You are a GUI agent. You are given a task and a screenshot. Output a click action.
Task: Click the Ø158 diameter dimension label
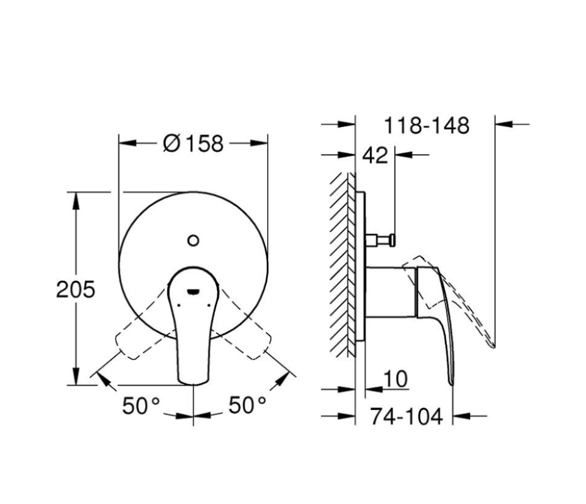194,143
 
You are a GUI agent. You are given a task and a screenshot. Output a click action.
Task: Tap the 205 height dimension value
76,289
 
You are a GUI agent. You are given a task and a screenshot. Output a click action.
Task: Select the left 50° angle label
141,405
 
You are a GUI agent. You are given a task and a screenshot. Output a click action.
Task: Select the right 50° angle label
247,405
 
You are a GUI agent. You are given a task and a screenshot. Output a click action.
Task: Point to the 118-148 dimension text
427,126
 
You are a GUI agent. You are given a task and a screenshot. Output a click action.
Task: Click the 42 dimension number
375,155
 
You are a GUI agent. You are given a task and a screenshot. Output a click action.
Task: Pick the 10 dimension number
396,379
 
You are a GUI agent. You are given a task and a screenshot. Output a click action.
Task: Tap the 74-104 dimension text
407,416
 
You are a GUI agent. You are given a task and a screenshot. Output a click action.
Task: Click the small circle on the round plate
194,240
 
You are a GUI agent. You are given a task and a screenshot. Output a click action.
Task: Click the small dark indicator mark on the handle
194,292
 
